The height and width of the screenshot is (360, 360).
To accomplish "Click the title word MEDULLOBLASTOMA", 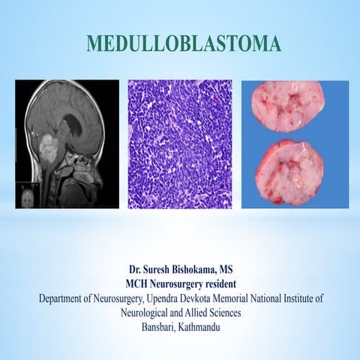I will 184,43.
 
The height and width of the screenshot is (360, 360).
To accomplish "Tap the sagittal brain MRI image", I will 67,144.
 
